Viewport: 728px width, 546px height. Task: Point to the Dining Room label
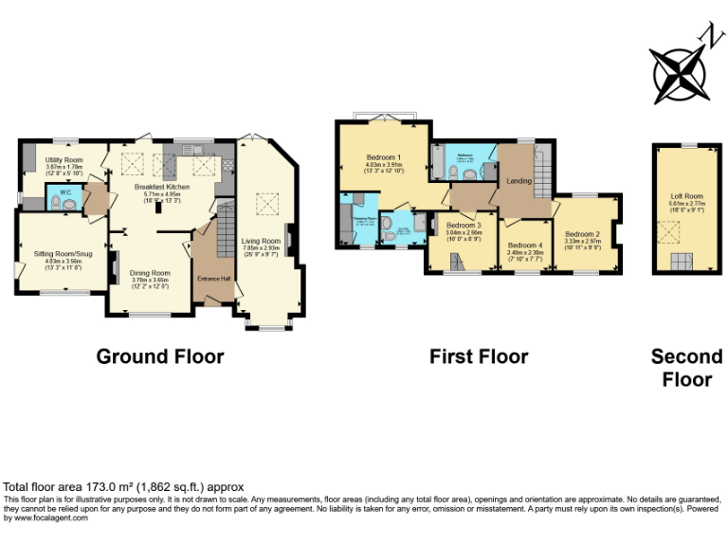click(x=150, y=273)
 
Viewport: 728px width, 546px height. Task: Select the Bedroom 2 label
click(x=583, y=234)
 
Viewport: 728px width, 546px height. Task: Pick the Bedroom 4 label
click(x=525, y=246)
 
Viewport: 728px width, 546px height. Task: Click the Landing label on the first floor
click(x=519, y=180)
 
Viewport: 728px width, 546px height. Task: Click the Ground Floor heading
click(x=160, y=356)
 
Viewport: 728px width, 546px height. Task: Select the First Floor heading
click(x=479, y=356)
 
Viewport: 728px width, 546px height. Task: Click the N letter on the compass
click(x=705, y=35)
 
